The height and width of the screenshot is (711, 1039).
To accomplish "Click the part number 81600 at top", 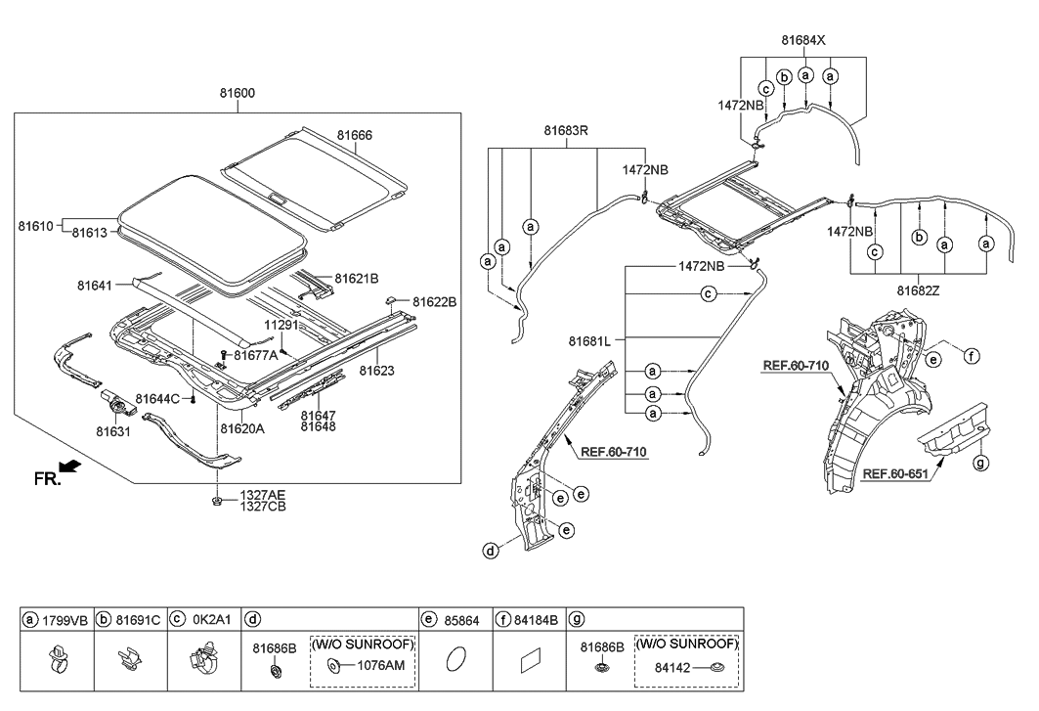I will pos(238,93).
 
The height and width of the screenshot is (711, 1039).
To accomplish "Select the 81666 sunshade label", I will pos(355,135).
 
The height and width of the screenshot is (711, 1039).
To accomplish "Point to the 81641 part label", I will pos(96,286).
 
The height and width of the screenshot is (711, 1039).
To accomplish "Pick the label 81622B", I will pos(434,302).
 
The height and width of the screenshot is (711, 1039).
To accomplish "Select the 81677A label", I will pos(255,355).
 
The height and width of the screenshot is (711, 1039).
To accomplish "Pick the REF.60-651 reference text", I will pos(894,474).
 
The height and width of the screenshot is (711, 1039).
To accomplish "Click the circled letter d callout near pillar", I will pos(488,551).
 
